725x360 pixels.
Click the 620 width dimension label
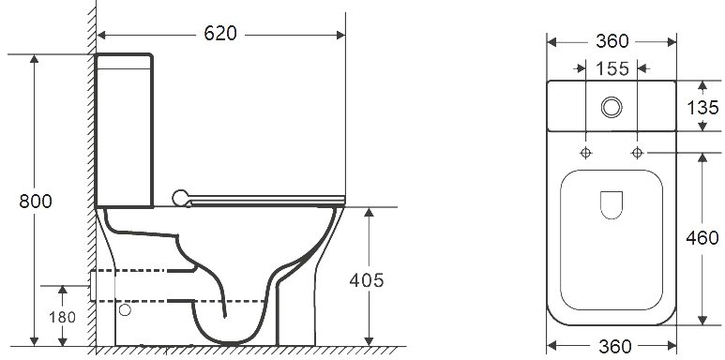tap(220, 33)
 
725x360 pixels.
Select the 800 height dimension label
tap(36, 202)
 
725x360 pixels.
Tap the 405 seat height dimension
tap(367, 280)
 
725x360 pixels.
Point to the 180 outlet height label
tap(63, 318)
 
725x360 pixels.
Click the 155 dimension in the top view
tap(612, 68)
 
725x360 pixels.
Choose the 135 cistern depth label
tap(702, 108)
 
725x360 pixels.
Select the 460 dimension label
tap(702, 238)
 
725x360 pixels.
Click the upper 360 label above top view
tap(612, 41)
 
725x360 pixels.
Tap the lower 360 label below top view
tap(615, 346)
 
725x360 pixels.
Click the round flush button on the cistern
tap(612, 107)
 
